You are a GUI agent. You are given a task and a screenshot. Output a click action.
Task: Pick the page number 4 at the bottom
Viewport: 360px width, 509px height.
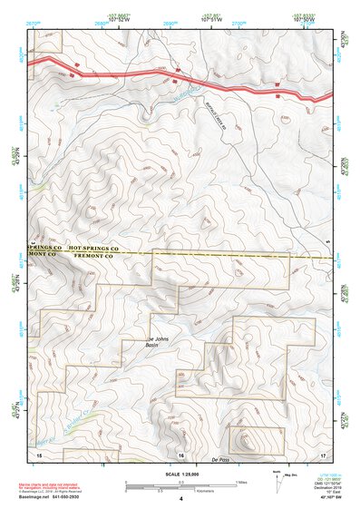(x=181, y=499)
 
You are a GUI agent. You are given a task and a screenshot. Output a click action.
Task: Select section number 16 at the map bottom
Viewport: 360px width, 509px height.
(x=181, y=454)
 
